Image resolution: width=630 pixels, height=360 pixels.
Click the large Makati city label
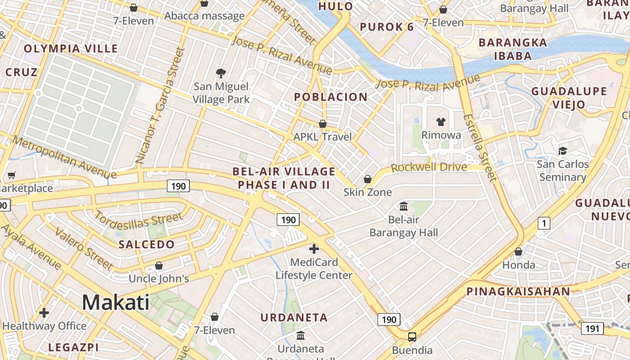tap(116, 302)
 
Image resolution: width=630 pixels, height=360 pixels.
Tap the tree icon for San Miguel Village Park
tap(221, 73)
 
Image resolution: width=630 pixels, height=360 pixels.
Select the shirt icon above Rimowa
tap(441, 121)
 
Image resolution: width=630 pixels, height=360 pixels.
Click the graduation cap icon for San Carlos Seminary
tap(562, 151)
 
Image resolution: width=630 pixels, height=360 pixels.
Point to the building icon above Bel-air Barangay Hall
tap(404, 206)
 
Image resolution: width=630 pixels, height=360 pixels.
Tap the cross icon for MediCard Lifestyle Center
tap(314, 248)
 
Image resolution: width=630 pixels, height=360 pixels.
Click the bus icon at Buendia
tap(412, 337)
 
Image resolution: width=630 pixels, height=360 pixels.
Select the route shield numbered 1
tap(544, 223)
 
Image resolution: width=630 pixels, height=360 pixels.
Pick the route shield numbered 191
tap(592, 328)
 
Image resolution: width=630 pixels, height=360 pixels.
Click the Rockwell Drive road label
tap(429, 167)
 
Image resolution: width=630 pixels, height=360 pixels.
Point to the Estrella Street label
tap(481, 148)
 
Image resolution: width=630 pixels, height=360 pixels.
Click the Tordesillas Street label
tap(139, 220)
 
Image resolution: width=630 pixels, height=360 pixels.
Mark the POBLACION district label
tap(331, 97)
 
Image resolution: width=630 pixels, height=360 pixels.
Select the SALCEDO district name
tap(146, 244)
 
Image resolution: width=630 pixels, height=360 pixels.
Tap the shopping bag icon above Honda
tap(518, 252)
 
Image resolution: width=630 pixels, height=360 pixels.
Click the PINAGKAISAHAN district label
tap(518, 291)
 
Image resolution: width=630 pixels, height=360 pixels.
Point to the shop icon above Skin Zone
tap(368, 179)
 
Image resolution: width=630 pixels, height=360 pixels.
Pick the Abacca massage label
tap(204, 16)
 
